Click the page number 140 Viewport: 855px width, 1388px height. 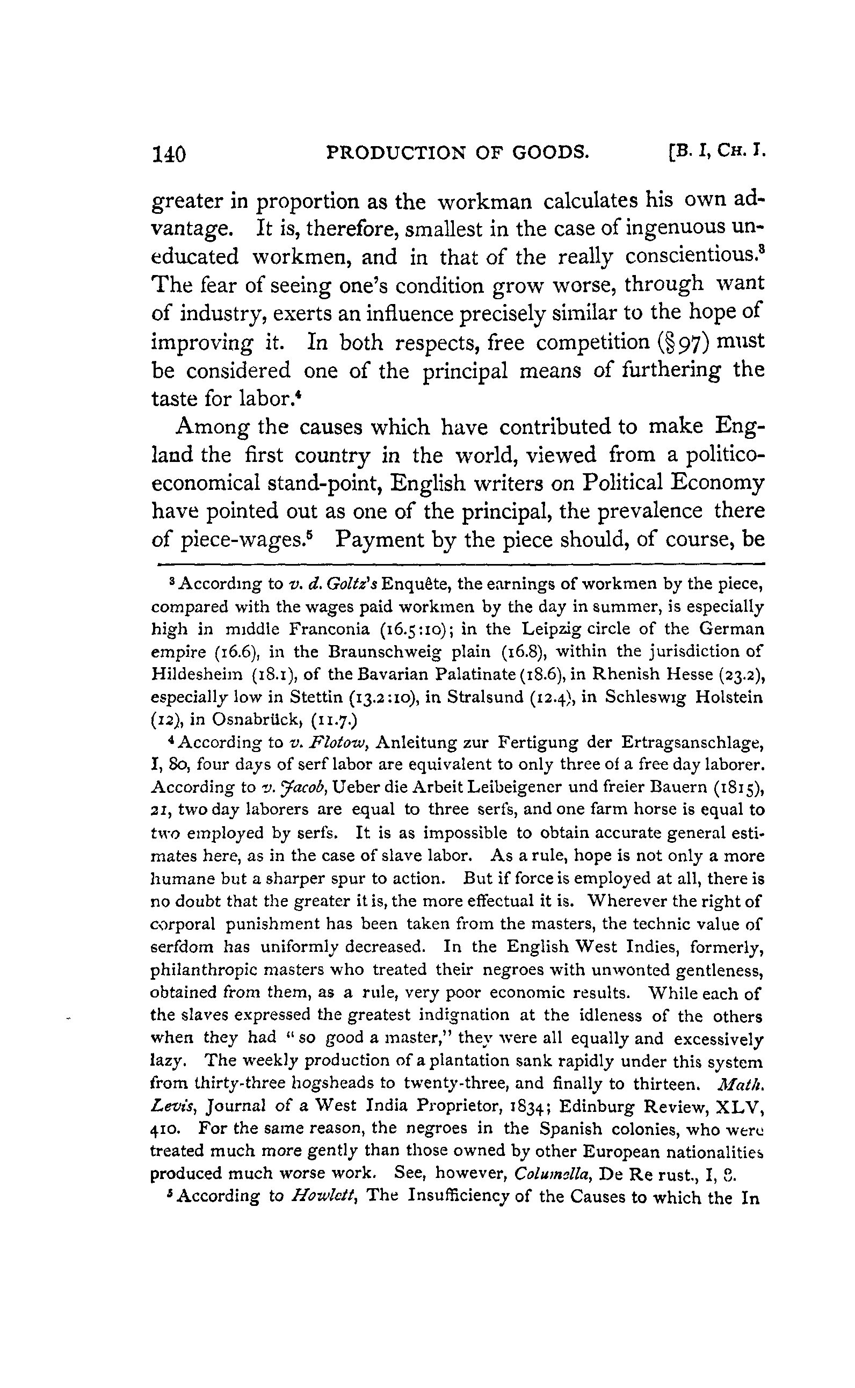pyautogui.click(x=169, y=153)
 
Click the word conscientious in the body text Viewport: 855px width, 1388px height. pyautogui.click(x=691, y=257)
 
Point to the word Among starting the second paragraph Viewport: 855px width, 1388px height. pyautogui.click(x=213, y=427)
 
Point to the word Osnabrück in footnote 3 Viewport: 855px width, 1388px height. pyautogui.click(x=258, y=719)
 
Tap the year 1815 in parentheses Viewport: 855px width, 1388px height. pyautogui.click(x=739, y=787)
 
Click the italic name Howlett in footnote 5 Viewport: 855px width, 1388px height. pyautogui.click(x=324, y=1197)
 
